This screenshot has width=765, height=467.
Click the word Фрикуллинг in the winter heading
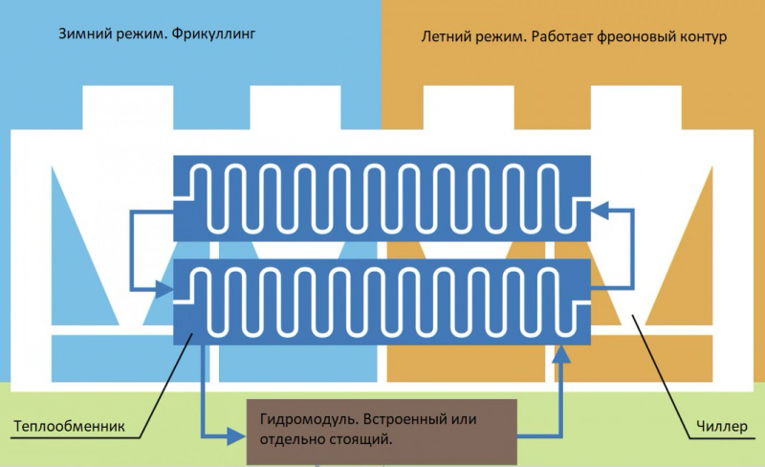(213, 34)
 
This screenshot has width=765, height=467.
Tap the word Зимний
(85, 33)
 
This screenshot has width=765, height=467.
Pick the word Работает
(562, 36)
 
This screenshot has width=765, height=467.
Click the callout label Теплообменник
(69, 426)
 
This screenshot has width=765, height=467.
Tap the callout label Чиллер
(722, 426)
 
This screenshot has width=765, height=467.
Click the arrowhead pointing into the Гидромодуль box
(236, 436)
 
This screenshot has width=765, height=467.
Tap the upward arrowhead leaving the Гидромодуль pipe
(562, 354)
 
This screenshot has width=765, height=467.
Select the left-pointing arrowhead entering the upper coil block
(600, 210)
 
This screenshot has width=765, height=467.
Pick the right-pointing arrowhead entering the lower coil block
(164, 289)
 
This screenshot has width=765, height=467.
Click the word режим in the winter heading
(141, 34)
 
